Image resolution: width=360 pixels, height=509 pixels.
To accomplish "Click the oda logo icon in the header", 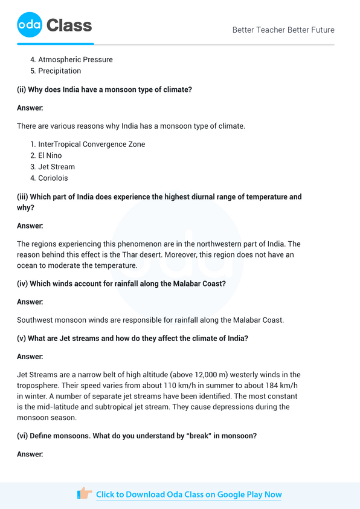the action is tap(28, 25).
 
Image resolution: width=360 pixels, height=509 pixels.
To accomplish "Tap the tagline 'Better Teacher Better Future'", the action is tap(283, 30).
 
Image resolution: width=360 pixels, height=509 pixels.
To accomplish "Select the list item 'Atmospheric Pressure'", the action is tap(76, 60).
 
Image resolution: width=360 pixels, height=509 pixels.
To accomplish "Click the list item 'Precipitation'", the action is tap(59, 71).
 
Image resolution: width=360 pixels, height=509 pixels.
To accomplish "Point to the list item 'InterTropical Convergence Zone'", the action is tap(91, 144).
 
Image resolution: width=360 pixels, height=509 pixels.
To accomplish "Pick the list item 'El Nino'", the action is tap(50, 156).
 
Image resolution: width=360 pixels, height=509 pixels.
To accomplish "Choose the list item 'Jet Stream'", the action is tap(56, 167).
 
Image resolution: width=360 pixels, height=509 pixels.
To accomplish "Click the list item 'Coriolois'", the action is tap(53, 178).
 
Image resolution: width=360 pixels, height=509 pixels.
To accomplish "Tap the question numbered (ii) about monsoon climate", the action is tap(104, 89).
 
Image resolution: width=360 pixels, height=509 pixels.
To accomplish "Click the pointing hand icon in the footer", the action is tap(85, 494).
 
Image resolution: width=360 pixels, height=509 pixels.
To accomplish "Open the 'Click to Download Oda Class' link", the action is tap(188, 494).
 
